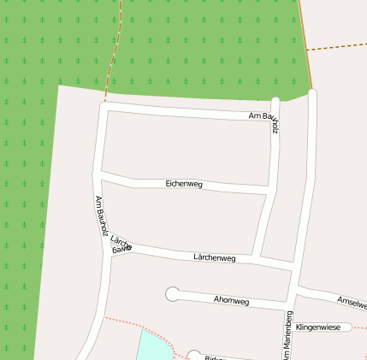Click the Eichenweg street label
pyautogui.click(x=184, y=184)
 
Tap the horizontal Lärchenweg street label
pyautogui.click(x=214, y=257)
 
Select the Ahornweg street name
pyautogui.click(x=231, y=301)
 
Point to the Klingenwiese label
pyautogui.click(x=318, y=327)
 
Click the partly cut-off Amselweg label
pyautogui.click(x=352, y=303)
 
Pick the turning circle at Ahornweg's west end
pyautogui.click(x=173, y=294)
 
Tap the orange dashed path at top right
pyautogui.click(x=336, y=46)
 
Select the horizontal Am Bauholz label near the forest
pyautogui.click(x=261, y=115)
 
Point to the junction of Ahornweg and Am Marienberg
pyautogui.click(x=291, y=304)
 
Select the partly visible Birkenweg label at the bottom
pyautogui.click(x=213, y=357)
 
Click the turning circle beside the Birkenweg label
pyautogui.click(x=194, y=355)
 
